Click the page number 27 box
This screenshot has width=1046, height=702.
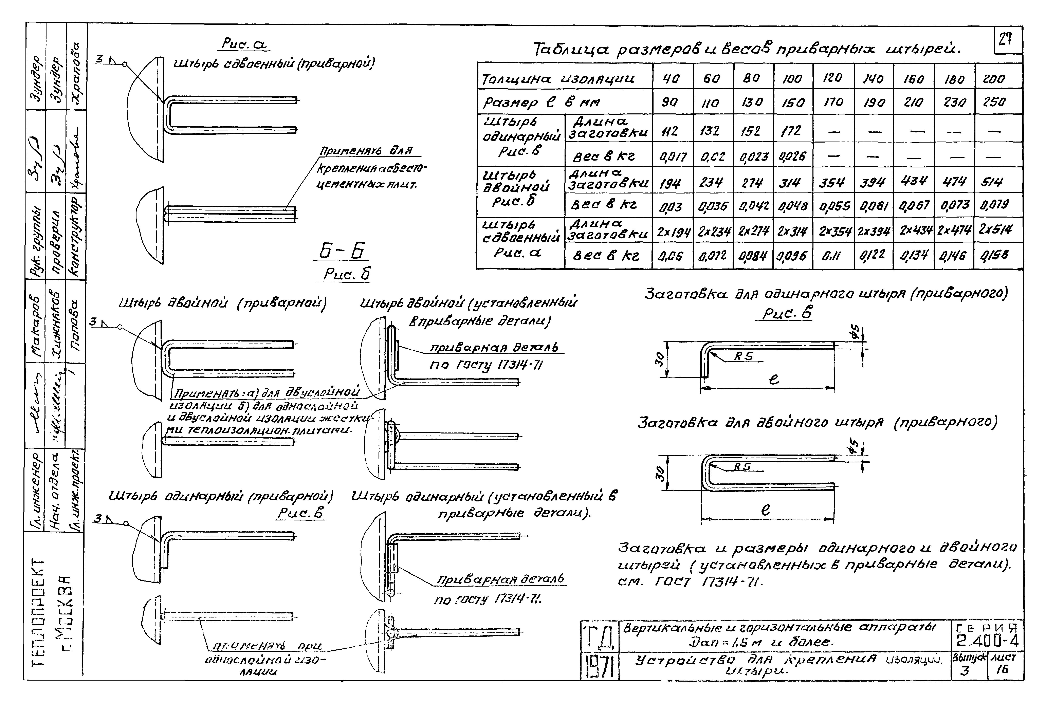(1008, 40)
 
